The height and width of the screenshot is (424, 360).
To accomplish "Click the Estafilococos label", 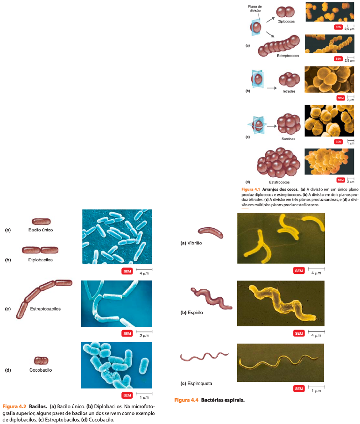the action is tap(279, 182).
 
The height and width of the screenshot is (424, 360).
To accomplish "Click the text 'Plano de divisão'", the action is tap(256, 9).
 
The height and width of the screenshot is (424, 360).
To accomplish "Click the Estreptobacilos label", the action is tap(45, 309).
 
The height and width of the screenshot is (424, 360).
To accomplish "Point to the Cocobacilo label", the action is tap(40, 370).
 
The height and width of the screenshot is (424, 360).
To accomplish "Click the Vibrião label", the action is tap(194, 243).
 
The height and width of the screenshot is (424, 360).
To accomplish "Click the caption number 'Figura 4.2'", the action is tap(14, 407).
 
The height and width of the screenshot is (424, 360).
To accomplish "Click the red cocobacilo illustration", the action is tap(41, 359).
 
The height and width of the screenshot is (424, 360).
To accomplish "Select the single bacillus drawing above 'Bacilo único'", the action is tap(41, 222).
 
